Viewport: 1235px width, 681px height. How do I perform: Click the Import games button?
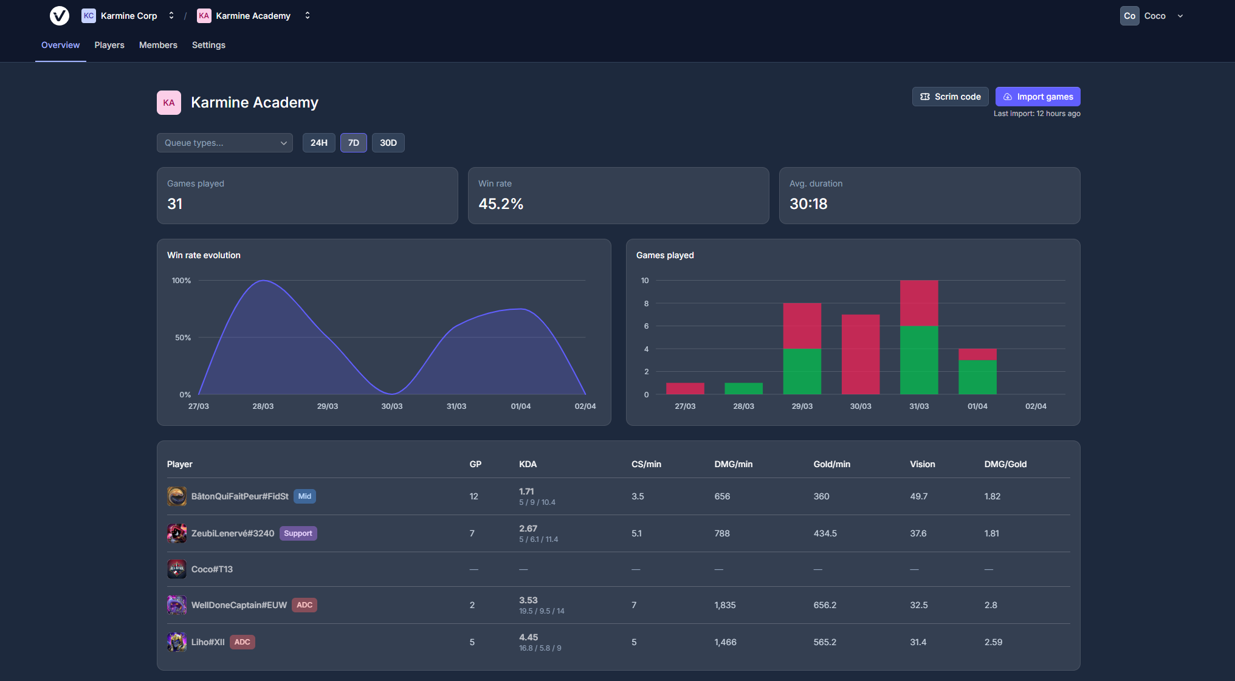(1037, 97)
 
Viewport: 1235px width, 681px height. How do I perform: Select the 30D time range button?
(388, 143)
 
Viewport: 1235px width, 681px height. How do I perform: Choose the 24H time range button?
(318, 143)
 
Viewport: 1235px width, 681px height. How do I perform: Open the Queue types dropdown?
(224, 143)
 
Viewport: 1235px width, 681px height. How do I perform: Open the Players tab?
(109, 45)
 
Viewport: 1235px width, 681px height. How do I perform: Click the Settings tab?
(208, 45)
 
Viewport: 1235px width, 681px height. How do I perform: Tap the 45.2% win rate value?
(501, 204)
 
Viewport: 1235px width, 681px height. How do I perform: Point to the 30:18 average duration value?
(808, 204)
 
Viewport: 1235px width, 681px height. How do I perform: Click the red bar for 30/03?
(861, 354)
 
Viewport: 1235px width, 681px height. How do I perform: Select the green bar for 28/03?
(743, 389)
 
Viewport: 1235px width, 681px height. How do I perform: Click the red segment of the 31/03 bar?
(919, 303)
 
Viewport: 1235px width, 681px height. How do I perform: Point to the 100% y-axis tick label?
(181, 281)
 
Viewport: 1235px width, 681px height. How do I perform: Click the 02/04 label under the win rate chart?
(585, 406)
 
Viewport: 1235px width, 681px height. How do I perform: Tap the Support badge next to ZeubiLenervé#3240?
(298, 533)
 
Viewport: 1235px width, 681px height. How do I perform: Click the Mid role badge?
(304, 496)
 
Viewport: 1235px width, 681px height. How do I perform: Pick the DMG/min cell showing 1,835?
(725, 605)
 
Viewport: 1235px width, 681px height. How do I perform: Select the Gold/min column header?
(831, 464)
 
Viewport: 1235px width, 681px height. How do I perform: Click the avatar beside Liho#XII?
(177, 642)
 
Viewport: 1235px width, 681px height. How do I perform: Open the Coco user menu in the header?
(1152, 16)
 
